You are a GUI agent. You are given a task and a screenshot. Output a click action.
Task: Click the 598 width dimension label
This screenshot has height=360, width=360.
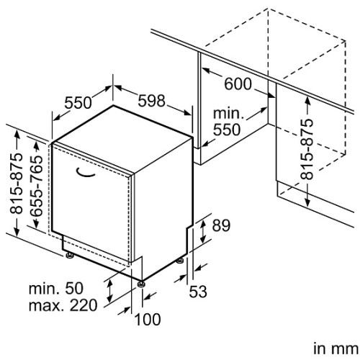pos(152,101)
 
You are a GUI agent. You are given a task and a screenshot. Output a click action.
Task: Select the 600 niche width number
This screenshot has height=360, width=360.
pos(238,84)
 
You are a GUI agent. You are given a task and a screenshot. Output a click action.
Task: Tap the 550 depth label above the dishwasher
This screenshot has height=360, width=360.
pos(78,103)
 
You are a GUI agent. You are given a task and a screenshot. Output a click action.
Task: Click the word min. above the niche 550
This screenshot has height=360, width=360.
pos(228,113)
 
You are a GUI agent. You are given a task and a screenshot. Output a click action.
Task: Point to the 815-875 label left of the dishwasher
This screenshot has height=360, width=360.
pos(17,183)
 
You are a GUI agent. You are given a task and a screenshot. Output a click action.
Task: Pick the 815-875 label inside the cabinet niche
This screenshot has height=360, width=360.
pos(307,149)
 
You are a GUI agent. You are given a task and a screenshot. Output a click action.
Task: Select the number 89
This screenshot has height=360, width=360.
pos(221,225)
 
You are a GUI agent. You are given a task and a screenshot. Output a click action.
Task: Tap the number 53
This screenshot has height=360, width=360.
pos(198,292)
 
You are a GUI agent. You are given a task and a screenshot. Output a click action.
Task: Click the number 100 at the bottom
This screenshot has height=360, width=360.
pos(148,320)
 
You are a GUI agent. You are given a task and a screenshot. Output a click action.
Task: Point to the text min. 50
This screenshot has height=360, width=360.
pos(56,288)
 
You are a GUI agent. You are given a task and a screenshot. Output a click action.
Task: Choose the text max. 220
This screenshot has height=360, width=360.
pos(63,305)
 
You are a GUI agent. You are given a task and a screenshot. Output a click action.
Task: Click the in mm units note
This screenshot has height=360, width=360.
pos(336,348)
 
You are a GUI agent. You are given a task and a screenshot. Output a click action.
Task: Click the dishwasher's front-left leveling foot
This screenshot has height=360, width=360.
pos(70,255)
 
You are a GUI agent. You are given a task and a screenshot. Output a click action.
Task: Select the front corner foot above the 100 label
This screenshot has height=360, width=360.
pos(141,284)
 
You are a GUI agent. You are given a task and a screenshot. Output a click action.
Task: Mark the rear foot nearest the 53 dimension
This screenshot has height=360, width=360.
pos(180,261)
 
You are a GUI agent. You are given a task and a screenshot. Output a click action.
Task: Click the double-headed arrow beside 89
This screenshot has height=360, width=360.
pos(203,231)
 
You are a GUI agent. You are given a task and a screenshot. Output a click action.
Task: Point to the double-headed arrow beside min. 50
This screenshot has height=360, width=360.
pos(109,291)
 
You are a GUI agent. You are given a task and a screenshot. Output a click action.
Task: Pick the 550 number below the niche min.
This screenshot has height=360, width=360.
pos(227,130)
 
